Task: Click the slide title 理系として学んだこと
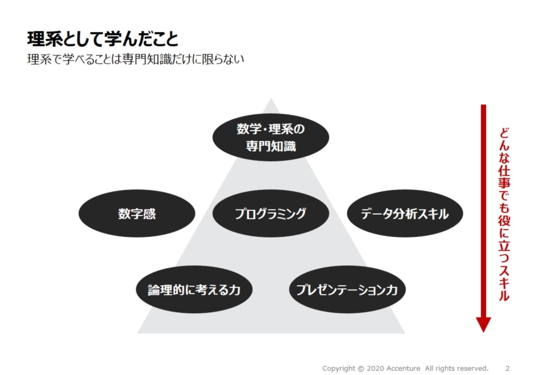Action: coord(102,38)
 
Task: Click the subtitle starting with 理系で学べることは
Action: coord(135,59)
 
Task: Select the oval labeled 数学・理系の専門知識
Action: coord(270,137)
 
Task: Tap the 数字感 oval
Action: coord(137,214)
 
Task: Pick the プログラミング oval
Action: coord(270,214)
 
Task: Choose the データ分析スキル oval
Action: coord(405,214)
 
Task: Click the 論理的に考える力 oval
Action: coord(194,289)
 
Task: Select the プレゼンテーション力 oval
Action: coord(347,289)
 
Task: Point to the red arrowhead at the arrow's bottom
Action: coord(483,325)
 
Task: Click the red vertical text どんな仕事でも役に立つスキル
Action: coord(504,214)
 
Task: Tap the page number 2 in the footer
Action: coord(507,368)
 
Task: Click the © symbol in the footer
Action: coord(361,368)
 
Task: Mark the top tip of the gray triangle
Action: coord(271,98)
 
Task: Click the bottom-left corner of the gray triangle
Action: coord(137,333)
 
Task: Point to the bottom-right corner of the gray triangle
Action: coord(405,333)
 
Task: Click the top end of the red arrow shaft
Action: coord(483,105)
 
